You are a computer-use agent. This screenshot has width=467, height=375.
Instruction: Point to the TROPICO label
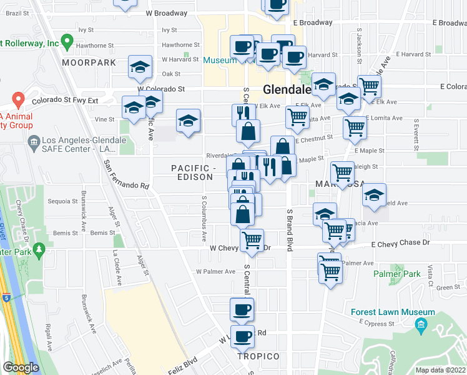coord(258,356)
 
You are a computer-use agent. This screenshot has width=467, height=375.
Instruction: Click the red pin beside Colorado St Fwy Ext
coord(18,99)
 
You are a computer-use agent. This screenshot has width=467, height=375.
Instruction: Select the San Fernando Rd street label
coord(127,174)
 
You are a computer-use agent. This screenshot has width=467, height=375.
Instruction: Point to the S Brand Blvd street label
coord(290,230)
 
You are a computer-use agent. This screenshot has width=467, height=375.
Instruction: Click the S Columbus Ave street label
coord(204,218)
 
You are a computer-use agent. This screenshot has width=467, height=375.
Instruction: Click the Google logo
coord(21,367)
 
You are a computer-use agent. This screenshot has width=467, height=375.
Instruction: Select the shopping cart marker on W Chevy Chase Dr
coord(252,241)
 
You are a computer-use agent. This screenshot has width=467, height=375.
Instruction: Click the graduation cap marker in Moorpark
coord(140,66)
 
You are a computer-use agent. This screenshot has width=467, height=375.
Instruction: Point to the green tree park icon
coord(39,251)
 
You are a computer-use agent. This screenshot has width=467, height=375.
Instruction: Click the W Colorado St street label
coord(161,89)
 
